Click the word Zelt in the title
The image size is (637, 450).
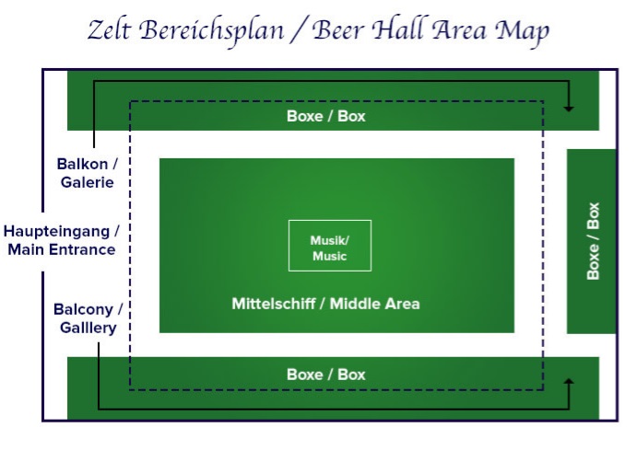tap(110, 30)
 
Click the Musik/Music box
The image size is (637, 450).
tap(330, 246)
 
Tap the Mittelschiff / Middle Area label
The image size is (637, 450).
tap(325, 304)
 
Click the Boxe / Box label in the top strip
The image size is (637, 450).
tap(326, 116)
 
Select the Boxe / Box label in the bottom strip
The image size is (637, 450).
tap(326, 375)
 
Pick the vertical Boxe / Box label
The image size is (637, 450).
tap(593, 241)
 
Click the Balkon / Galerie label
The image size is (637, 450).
tap(88, 173)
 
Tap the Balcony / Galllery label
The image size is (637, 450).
tap(88, 318)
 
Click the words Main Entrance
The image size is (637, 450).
tap(62, 249)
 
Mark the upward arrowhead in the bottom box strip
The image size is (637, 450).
tap(569, 382)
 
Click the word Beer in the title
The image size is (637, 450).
tap(338, 30)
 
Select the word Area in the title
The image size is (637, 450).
tap(459, 30)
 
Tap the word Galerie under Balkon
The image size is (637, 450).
tap(88, 182)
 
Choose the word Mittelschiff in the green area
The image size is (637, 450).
tap(274, 304)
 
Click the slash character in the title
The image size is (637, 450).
tap(299, 30)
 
